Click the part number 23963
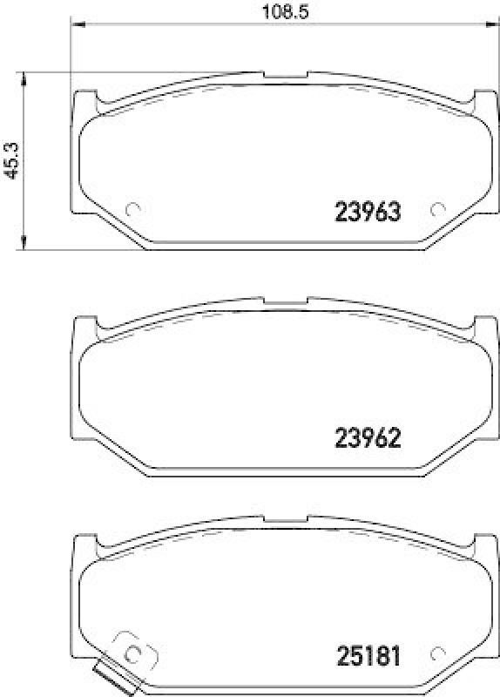368,212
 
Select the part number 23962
368,438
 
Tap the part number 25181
368,656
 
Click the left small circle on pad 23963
133,209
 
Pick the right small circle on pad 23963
438,209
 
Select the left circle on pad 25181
133,653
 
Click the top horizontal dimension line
174,26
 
